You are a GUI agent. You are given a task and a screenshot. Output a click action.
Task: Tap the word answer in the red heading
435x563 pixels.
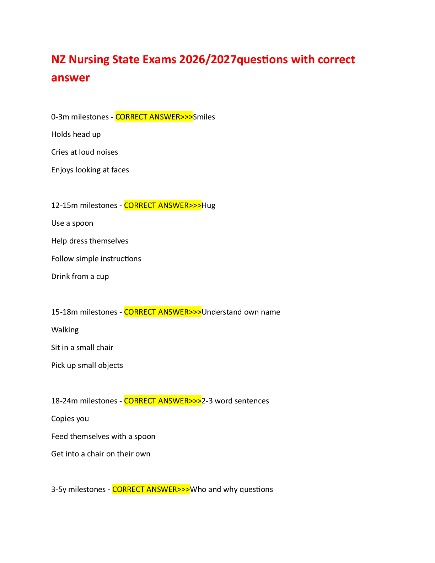pos(70,78)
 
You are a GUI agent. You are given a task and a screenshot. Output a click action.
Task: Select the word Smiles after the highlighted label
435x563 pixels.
pos(204,117)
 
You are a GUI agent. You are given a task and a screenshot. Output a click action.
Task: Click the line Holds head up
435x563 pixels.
pos(76,134)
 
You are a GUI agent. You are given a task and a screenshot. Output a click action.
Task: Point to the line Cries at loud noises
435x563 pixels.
pos(85,152)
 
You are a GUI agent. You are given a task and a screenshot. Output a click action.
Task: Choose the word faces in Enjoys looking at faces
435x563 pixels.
pos(120,170)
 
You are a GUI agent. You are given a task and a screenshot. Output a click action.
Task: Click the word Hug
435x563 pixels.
pos(208,205)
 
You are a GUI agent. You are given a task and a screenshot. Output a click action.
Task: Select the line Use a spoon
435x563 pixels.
pos(72,223)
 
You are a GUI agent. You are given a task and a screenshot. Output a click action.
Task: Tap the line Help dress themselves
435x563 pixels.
pos(90,241)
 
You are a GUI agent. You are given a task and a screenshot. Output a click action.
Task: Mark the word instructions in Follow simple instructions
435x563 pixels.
pos(121,258)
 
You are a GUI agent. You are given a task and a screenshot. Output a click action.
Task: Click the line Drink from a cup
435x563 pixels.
pos(80,277)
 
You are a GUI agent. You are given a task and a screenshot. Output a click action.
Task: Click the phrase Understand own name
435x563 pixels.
pos(241,312)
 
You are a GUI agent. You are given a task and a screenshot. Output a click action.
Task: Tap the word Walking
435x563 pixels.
pos(65,330)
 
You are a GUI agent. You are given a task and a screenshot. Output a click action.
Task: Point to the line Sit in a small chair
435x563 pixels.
pos(82,348)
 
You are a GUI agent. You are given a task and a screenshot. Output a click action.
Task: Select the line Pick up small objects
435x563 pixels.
pos(87,365)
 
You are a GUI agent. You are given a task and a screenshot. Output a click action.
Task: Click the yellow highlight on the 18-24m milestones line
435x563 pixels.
pos(163,401)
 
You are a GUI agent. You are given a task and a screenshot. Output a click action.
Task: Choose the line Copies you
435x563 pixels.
pos(70,419)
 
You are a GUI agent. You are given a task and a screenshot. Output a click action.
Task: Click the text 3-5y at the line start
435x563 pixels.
pos(59,489)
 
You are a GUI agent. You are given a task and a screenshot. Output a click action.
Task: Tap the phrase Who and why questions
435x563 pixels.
pos(231,489)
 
